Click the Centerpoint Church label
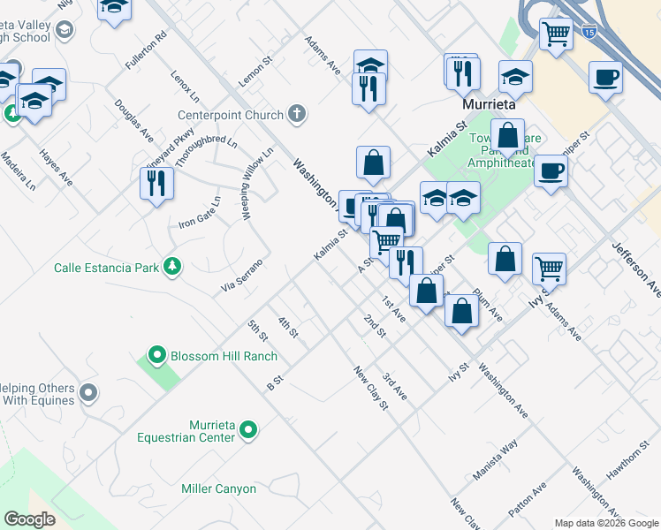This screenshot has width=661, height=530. [231, 115]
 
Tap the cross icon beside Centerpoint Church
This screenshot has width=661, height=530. [297, 114]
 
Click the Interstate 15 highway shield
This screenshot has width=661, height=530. [589, 32]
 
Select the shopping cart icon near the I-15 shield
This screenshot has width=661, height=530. [556, 34]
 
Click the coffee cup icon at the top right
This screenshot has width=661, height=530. [606, 76]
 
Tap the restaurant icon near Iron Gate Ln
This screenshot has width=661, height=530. [156, 184]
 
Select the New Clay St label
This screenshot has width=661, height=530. [370, 388]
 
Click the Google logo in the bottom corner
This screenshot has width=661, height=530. [29, 519]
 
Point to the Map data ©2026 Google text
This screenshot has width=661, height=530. [605, 523]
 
